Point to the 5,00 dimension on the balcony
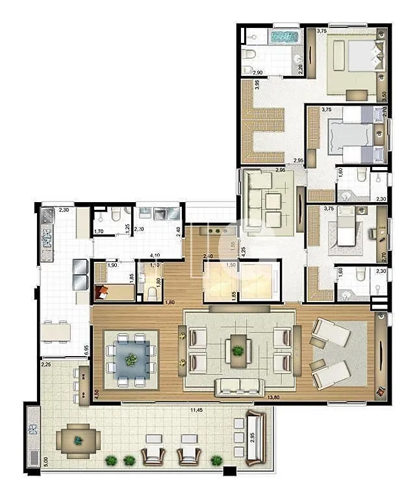coord(28,461)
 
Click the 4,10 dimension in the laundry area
coord(155,255)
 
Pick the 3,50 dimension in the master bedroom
coord(384,94)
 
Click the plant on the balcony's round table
coord(79,441)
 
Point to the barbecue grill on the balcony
coord(34,431)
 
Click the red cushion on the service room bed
coord(103,294)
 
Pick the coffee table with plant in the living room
coord(238,351)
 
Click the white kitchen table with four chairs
coord(56,331)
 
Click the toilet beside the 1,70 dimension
coord(114,216)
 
